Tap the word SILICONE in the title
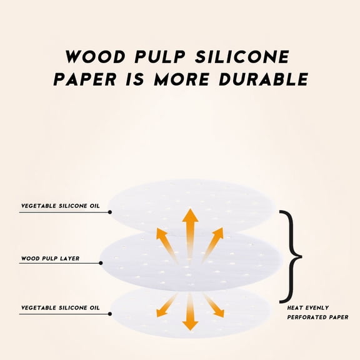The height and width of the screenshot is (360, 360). [x=242, y=56]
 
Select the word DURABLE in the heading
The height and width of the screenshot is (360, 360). [x=263, y=79]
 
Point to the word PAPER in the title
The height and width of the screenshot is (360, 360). [x=85, y=79]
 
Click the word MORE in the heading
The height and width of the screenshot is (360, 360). [x=181, y=79]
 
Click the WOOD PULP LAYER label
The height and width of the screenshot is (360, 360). [x=50, y=259]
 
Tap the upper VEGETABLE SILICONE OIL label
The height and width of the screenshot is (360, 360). [x=61, y=206]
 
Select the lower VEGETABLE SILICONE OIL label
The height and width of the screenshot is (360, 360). [x=61, y=307]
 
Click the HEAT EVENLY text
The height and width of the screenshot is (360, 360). [x=308, y=307]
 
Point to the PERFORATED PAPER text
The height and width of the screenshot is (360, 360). [x=317, y=317]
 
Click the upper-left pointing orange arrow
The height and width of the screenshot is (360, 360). [x=166, y=245]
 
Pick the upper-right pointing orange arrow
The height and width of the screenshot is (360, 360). [x=213, y=244]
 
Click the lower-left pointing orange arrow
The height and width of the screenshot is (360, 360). [x=166, y=306]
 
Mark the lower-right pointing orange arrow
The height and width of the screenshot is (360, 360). [x=214, y=306]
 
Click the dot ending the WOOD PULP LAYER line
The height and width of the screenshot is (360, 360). [x=101, y=263]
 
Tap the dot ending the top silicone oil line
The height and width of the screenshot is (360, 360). [x=110, y=212]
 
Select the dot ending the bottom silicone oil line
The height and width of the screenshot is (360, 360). [x=110, y=314]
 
